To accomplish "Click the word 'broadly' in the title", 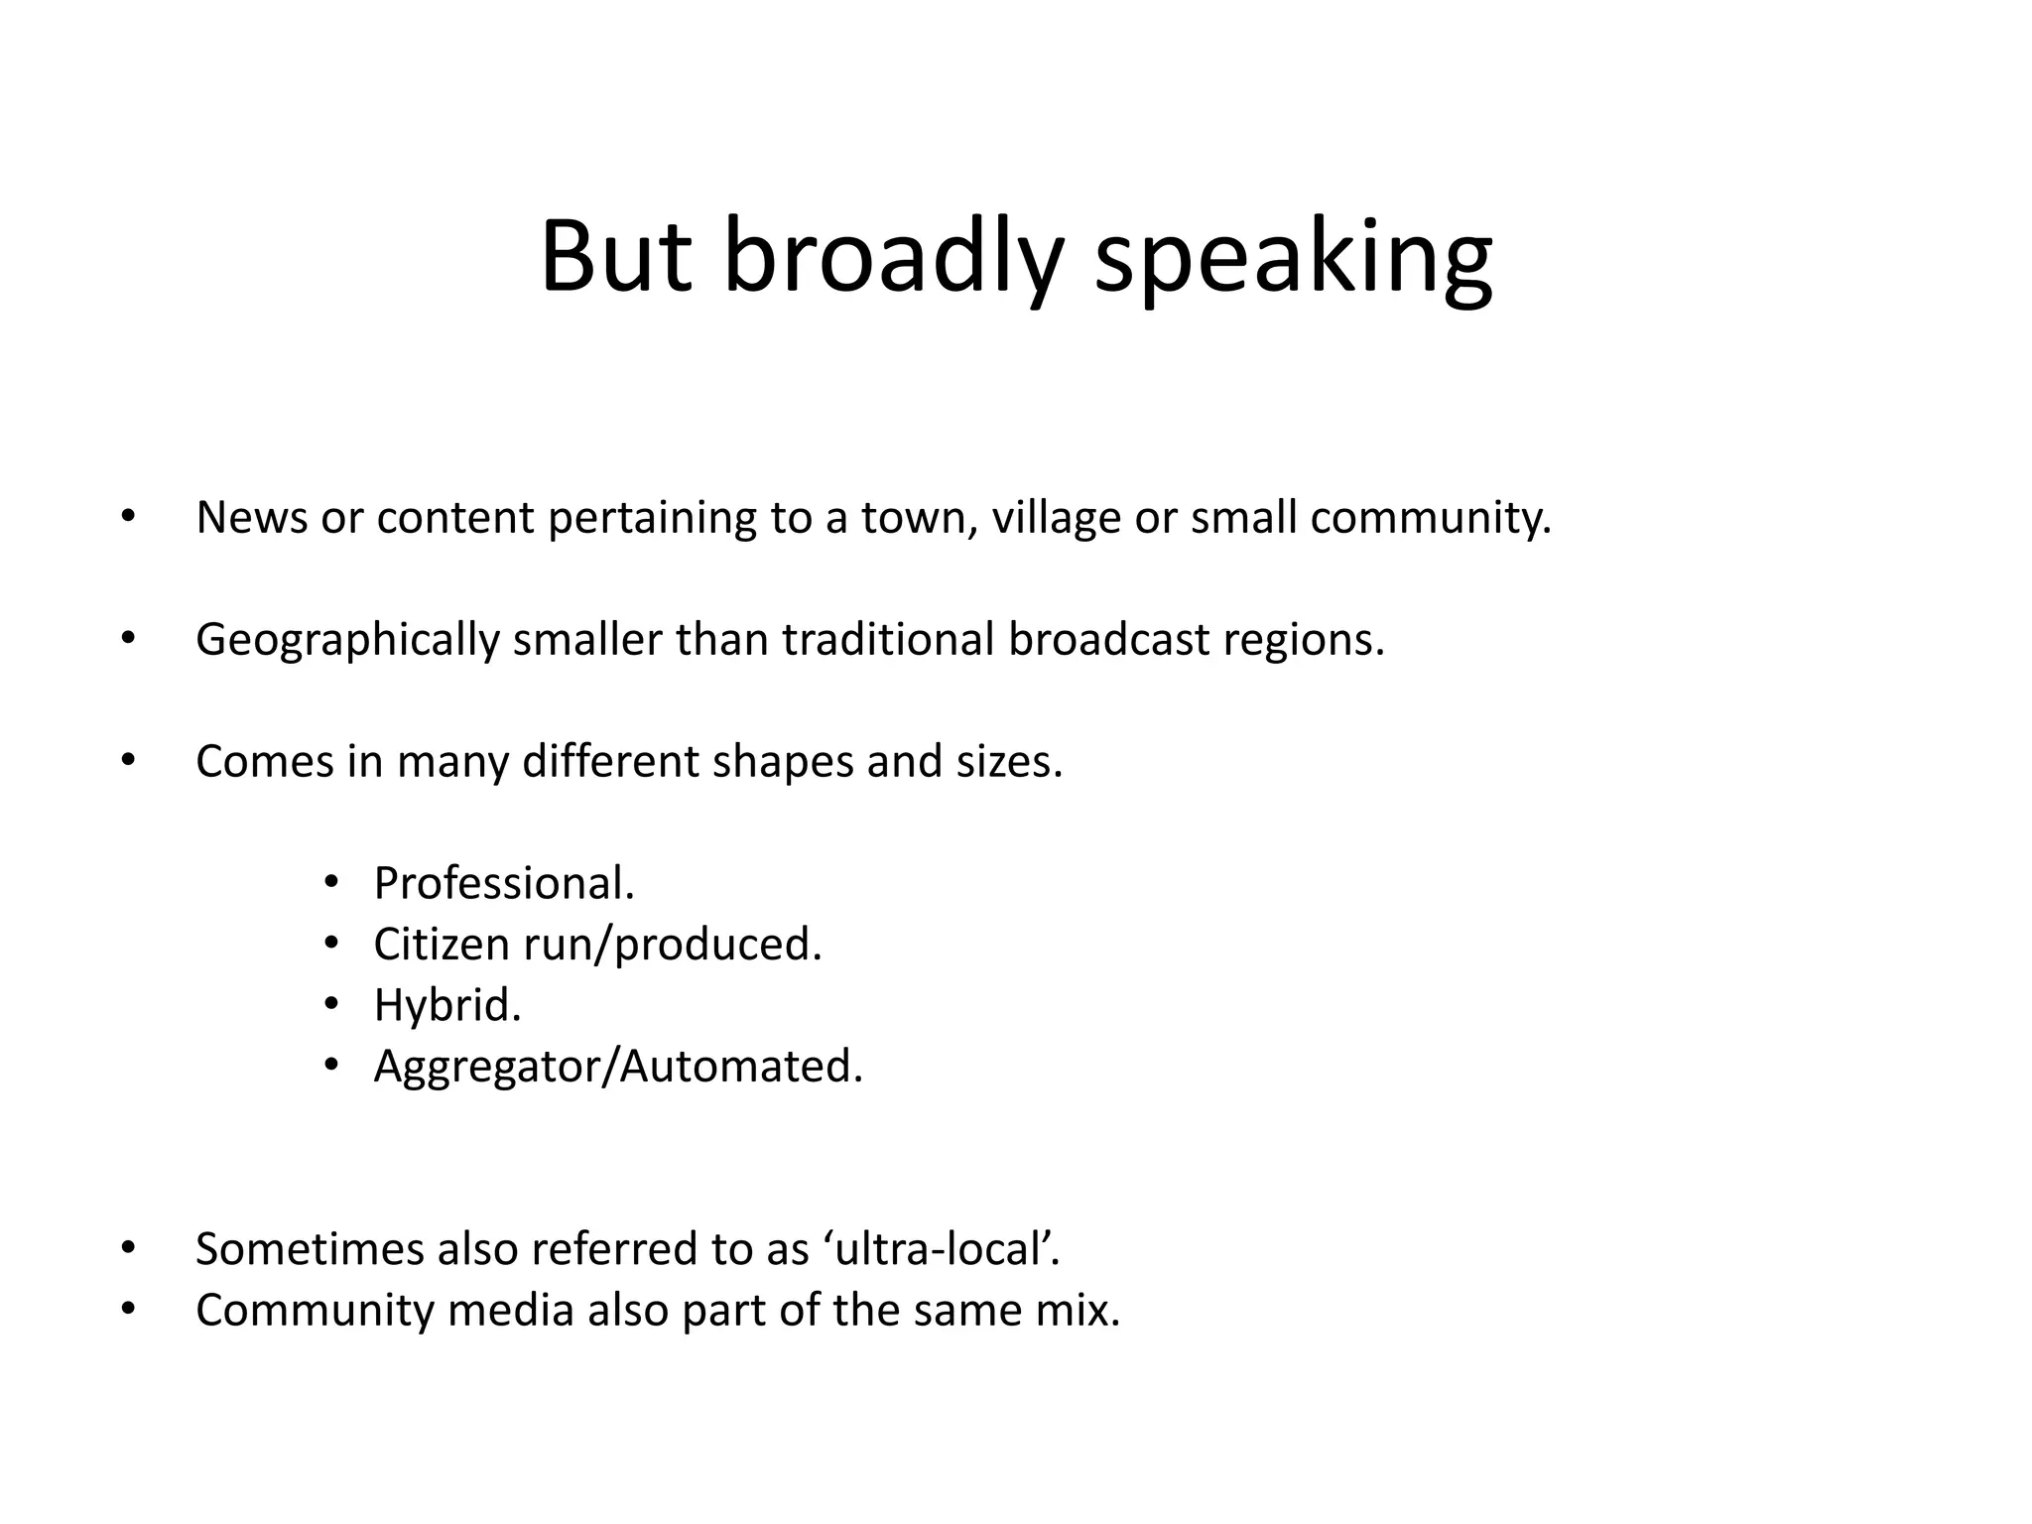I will point(892,257).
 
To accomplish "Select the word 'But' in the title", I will point(615,257).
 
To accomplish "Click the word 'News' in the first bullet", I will point(252,518).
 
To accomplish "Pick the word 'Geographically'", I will point(347,640).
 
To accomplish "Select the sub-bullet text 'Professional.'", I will point(504,883).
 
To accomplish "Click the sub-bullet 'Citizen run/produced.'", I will point(597,945).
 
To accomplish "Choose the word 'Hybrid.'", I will point(447,1005).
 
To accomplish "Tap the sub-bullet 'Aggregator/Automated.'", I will point(618,1067).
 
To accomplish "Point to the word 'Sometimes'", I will point(310,1249).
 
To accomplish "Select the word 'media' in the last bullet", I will point(511,1310).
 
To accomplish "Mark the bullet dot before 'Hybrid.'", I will point(331,1003).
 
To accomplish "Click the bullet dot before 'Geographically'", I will point(126,638).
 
